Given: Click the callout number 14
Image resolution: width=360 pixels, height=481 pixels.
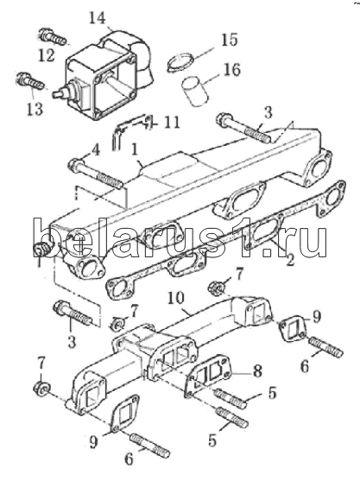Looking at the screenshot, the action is [x=98, y=17].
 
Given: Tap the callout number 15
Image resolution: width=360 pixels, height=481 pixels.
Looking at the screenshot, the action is [x=229, y=39].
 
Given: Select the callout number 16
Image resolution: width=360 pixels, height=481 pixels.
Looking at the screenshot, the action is [x=231, y=69].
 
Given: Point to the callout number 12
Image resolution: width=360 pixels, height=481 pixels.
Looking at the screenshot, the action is [x=47, y=55].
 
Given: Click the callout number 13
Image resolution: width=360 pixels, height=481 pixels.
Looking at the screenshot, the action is [x=35, y=108].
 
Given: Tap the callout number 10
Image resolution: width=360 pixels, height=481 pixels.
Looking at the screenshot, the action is [x=176, y=298].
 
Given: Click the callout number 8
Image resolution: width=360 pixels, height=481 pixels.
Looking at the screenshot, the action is [x=256, y=370].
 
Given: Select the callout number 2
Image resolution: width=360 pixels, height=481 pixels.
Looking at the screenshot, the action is [x=289, y=259].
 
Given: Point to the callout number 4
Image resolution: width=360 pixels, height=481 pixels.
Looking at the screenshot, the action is [x=96, y=150].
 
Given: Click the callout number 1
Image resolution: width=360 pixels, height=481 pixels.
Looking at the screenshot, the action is [x=134, y=150].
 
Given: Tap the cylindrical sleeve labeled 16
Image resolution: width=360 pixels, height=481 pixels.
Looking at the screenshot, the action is [x=196, y=92].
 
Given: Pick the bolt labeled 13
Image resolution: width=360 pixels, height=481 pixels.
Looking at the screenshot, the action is [x=31, y=80].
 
